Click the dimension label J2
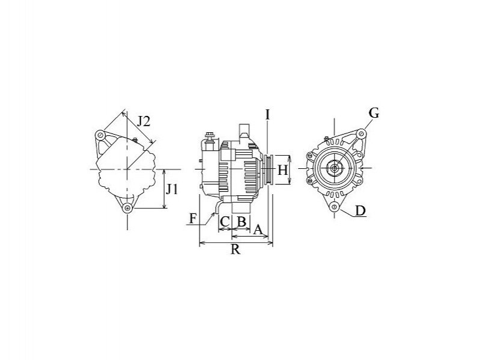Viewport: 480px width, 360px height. click(x=143, y=121)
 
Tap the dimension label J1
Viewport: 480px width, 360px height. click(x=172, y=189)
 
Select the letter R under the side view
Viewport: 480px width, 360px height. click(x=235, y=249)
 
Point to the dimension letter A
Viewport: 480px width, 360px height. click(x=258, y=230)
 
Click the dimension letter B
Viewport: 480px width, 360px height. click(x=242, y=222)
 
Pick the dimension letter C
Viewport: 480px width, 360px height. click(x=225, y=222)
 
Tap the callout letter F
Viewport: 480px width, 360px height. click(x=193, y=219)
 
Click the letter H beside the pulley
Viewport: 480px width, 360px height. click(x=282, y=170)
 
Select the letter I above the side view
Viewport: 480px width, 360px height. click(x=267, y=115)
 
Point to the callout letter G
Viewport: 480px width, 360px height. click(x=374, y=113)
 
